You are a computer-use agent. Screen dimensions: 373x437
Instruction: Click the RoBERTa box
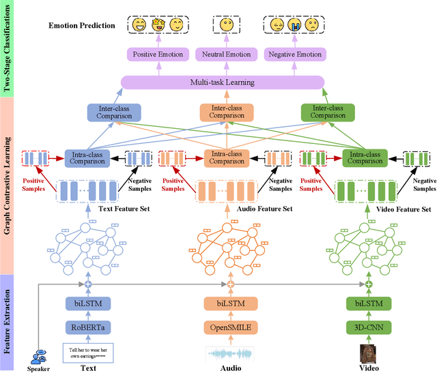[x=87, y=328]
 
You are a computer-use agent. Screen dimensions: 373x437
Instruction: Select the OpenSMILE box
[x=229, y=328]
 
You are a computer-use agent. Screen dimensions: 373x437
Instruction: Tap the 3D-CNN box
[x=369, y=328]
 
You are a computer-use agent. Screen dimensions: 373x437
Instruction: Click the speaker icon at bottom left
[x=39, y=357]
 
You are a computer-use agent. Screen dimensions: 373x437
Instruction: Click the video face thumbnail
[x=369, y=354]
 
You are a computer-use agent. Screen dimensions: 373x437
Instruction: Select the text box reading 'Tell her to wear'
[x=87, y=354]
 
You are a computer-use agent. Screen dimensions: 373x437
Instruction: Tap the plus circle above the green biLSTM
[x=369, y=284]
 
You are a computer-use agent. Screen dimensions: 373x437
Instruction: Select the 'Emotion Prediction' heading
[x=81, y=26]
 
